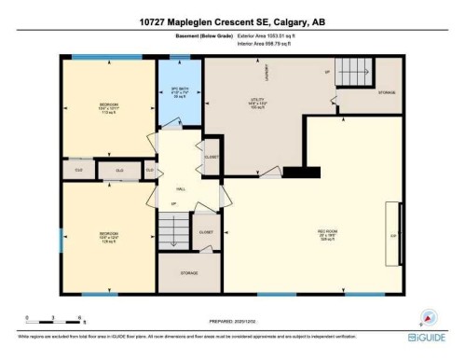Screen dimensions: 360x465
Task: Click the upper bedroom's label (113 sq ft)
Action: (109, 107)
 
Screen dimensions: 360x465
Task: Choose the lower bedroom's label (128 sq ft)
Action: (109, 236)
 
